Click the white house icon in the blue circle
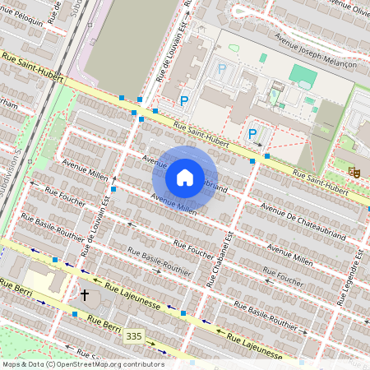point(185,178)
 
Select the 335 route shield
point(134,336)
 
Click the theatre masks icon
point(354,171)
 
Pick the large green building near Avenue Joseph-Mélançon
point(303,76)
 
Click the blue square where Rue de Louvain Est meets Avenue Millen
point(113,190)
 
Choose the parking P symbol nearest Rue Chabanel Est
point(252,134)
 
